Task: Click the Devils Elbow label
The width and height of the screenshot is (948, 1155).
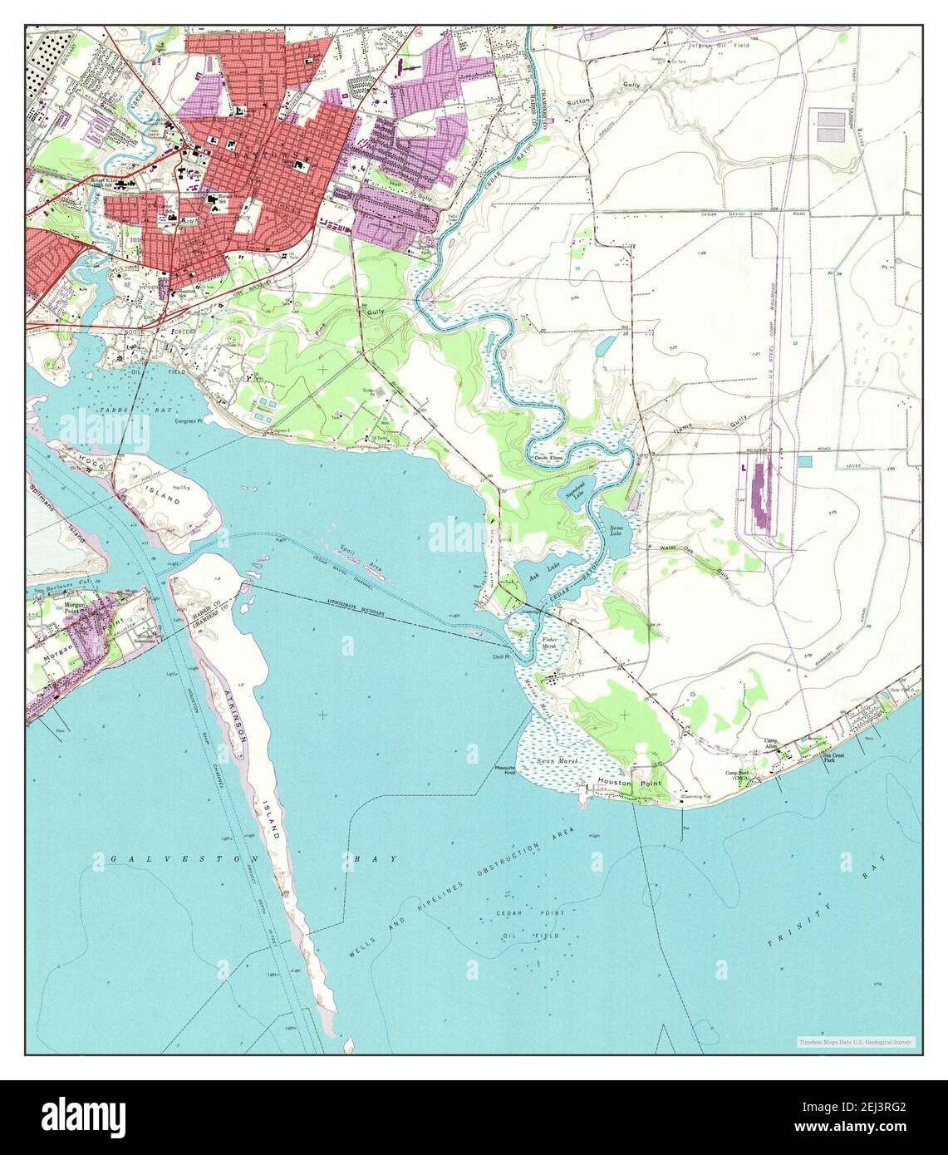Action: point(548,459)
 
